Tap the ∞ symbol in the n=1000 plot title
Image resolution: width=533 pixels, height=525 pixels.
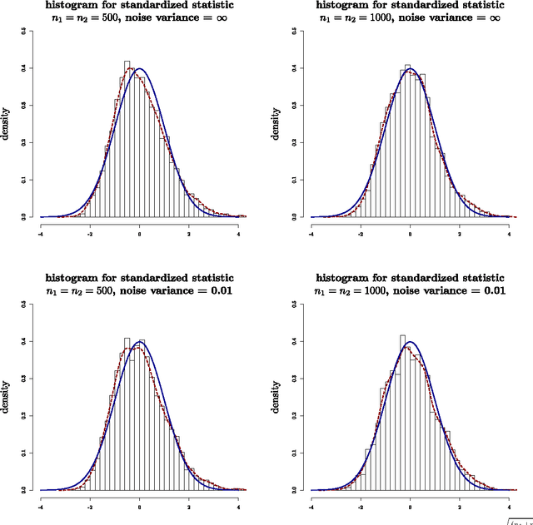[495, 17]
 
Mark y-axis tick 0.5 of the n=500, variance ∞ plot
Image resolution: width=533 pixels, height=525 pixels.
[32, 31]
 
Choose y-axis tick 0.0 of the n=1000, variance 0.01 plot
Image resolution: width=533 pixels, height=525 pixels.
[302, 490]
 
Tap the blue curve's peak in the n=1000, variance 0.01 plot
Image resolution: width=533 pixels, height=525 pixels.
[410, 341]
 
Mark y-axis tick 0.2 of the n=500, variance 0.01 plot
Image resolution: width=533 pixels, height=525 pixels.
[32, 415]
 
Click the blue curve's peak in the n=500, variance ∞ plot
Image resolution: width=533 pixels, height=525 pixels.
[140, 68]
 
